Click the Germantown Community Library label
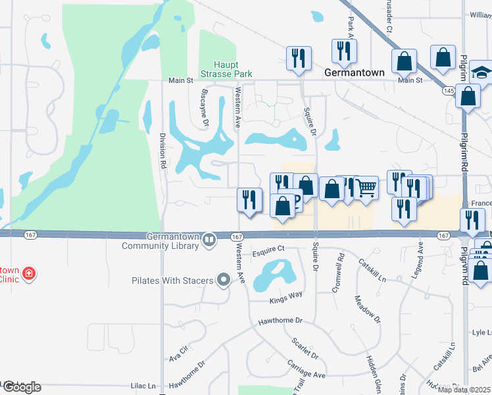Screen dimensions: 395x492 point(160,242)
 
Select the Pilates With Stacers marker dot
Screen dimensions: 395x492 point(224,281)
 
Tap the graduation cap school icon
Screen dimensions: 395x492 point(482,72)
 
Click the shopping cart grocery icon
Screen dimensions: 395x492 point(366,188)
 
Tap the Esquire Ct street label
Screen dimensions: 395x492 point(267,250)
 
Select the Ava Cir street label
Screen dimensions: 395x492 point(178,354)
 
